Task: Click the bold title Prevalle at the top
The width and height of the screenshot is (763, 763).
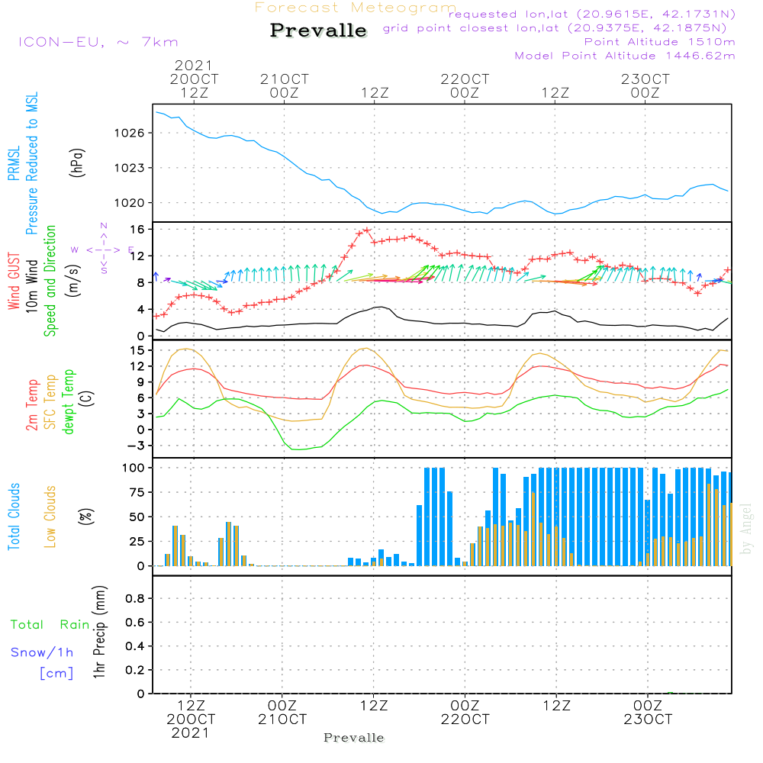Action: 318,31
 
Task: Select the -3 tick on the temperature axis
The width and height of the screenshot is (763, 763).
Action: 138,445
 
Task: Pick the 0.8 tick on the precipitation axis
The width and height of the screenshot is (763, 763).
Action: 135,599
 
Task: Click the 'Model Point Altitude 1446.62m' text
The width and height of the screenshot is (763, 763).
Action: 625,56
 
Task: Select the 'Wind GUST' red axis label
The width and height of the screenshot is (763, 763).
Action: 14,282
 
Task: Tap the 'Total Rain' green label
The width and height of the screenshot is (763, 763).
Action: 50,625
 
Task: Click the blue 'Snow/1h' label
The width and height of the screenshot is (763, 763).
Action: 42,652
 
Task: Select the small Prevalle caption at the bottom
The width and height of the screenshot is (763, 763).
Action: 354,738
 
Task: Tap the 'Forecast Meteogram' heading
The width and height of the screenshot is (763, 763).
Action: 356,8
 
